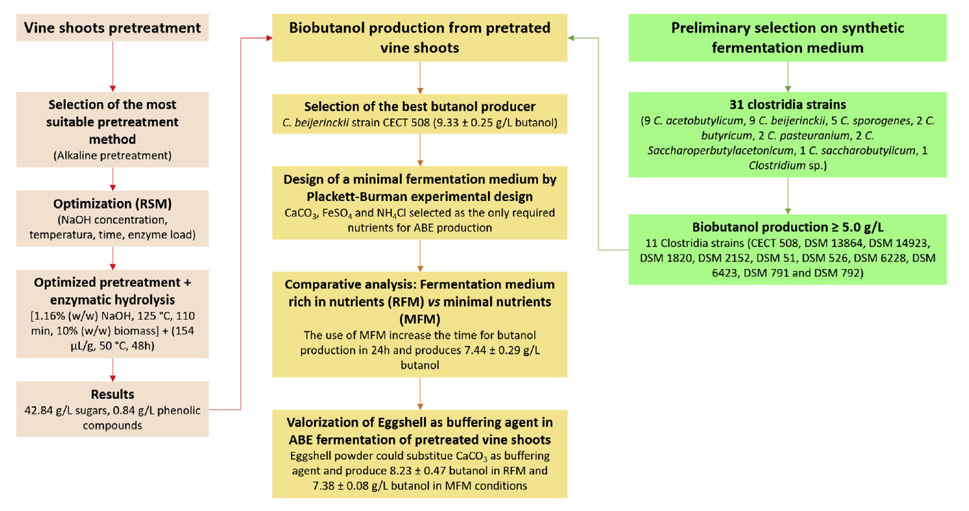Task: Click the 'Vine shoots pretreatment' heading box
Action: point(113,27)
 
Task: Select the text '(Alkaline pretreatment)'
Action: point(113,156)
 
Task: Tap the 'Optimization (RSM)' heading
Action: point(113,204)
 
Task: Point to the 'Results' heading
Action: point(113,394)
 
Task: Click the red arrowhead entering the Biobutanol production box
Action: point(269,38)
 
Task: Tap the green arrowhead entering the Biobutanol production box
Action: point(571,38)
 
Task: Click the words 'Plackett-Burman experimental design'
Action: point(419,196)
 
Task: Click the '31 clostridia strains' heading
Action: point(787,105)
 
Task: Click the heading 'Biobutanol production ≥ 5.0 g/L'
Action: point(787,227)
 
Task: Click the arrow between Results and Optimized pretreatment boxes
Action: point(113,370)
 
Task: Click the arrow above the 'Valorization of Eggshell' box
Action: point(420,394)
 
